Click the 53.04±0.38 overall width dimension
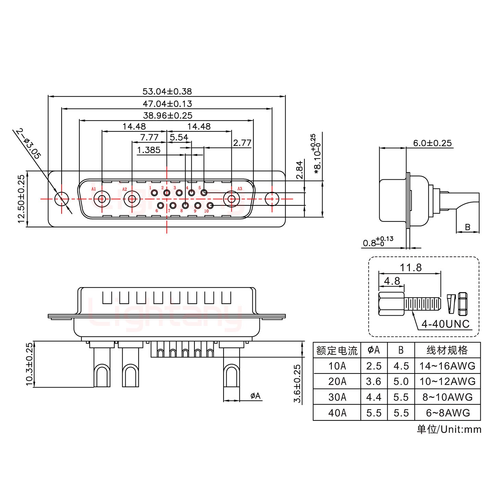click(x=167, y=91)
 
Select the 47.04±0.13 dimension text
click(x=167, y=103)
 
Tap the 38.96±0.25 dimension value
click(x=167, y=115)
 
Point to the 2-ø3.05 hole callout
click(x=29, y=144)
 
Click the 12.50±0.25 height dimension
click(x=21, y=199)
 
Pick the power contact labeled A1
click(x=102, y=199)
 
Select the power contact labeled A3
click(x=231, y=199)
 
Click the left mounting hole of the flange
click(x=62, y=199)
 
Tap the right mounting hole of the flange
click(x=272, y=199)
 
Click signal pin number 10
click(x=210, y=205)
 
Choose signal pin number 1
click(x=154, y=193)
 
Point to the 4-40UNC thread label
click(x=445, y=324)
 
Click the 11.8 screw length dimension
click(x=411, y=267)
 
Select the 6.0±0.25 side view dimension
click(x=432, y=143)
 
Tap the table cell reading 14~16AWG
click(x=447, y=366)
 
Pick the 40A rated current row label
click(x=337, y=413)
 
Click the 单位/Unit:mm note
click(x=449, y=429)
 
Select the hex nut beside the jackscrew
click(x=463, y=304)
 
